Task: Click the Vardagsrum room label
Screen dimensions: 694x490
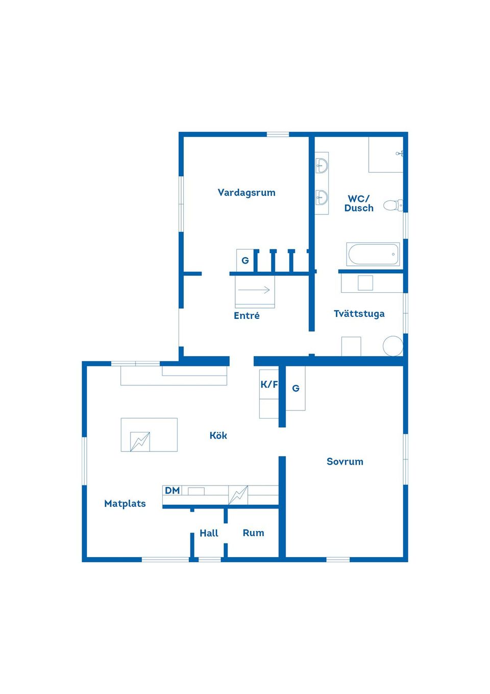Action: pos(247,193)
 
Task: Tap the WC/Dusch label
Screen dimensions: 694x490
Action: pos(359,203)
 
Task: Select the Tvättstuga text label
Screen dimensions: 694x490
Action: pos(359,314)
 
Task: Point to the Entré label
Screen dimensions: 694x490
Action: pos(247,316)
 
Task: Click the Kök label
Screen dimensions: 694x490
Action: pos(218,435)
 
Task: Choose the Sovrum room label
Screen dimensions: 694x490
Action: pos(345,461)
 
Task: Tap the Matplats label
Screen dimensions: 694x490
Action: pos(125,504)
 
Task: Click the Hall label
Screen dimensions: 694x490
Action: pos(209,533)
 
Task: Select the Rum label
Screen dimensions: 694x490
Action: pos(253,533)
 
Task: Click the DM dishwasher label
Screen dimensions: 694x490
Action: pos(172,491)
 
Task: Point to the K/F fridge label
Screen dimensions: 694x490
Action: pos(269,384)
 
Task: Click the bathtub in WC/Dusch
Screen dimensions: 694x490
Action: pos(373,254)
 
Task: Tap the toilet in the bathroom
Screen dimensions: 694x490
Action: pos(393,205)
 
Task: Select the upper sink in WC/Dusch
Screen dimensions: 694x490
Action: pos(322,166)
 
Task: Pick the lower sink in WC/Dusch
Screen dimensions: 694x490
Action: pos(322,197)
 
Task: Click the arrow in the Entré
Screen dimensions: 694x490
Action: pos(254,290)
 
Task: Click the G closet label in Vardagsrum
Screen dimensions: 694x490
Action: pos(245,261)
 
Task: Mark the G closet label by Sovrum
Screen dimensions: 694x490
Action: pos(296,388)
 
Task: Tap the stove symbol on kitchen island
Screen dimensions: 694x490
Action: pos(140,442)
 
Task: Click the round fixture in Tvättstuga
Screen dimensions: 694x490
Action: pos(393,346)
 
